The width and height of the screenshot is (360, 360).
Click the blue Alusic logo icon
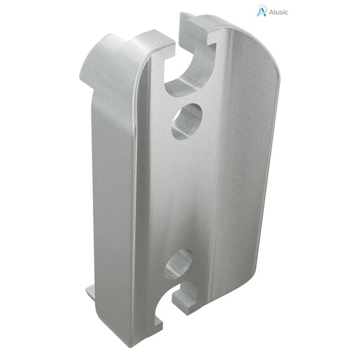tap(262, 11)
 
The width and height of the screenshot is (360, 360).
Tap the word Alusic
tap(278, 11)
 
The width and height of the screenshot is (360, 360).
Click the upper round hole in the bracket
tap(186, 120)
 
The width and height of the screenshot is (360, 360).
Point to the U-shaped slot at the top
tap(188, 70)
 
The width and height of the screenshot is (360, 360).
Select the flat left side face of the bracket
tap(112, 183)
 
